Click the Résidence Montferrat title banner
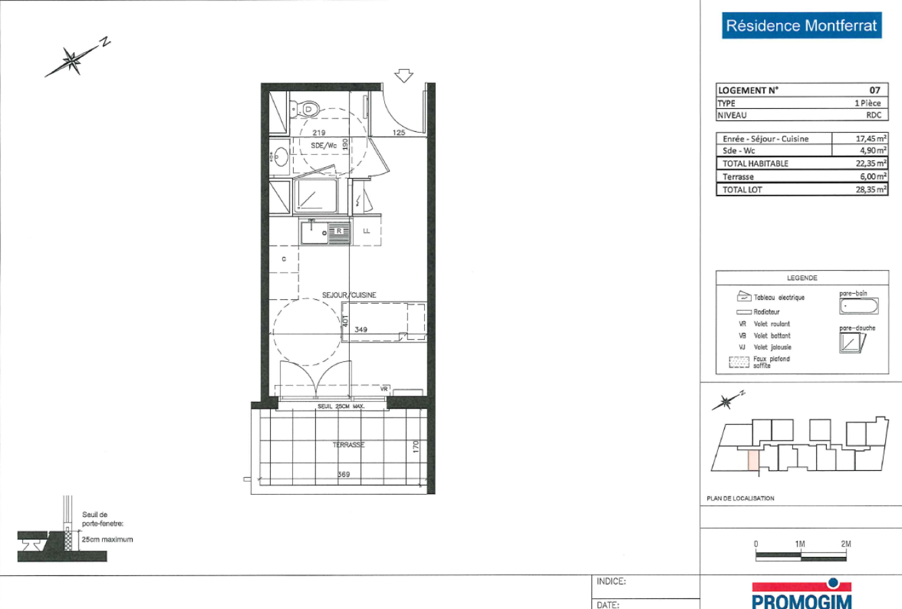pos(801,26)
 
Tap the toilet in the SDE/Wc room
pos(306,108)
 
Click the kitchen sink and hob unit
pos(325,233)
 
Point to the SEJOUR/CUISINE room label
pos(349,295)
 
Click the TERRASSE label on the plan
pos(348,445)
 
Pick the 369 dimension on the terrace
pos(344,474)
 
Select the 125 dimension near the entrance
pos(399,133)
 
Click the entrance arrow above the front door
pos(404,75)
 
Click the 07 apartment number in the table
pos(874,90)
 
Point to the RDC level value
pos(874,115)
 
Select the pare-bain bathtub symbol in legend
pos(859,306)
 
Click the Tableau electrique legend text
pos(779,298)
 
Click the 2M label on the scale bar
pos(845,544)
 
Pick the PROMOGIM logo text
pos(802,601)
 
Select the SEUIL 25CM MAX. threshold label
pos(341,407)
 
